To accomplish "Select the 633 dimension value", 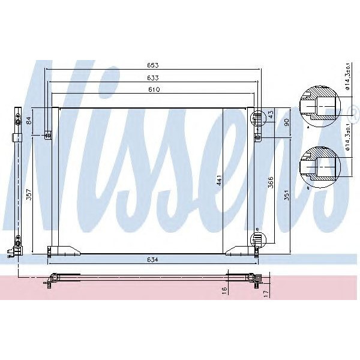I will coord(154,77).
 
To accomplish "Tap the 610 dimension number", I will coord(154,89).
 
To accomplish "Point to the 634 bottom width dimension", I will coord(154,260).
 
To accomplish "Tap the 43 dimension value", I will coord(271,114).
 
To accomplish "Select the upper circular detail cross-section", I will coord(317,107).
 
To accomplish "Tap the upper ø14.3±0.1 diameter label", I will coord(347,76).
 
